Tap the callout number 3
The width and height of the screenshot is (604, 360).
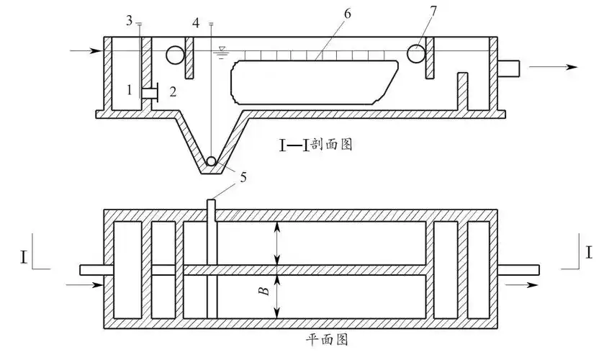tap(129, 21)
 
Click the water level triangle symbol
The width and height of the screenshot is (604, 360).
tap(222, 50)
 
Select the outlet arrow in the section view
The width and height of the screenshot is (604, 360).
tap(554, 67)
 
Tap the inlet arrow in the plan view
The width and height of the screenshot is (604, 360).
tap(84, 285)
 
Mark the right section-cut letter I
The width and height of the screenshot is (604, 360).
tap(589, 253)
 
